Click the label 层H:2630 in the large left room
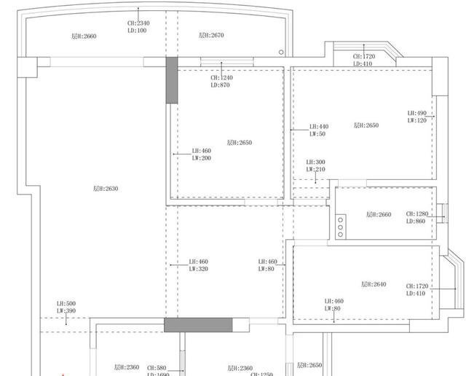click(106, 189)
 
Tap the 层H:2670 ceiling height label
click(211, 35)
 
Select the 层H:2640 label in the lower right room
click(374, 284)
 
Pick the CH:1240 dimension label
click(221, 78)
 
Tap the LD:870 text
click(221, 85)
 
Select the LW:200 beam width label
click(201, 158)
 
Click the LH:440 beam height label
click(318, 127)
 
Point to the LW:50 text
click(317, 134)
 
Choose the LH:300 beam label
click(315, 162)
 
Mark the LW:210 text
click(315, 170)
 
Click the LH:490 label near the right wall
click(417, 113)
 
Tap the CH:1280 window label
click(418, 214)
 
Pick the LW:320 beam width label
click(198, 269)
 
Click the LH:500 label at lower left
click(66, 304)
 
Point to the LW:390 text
click(66, 311)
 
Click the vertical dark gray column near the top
click(171, 80)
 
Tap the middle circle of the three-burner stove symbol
click(340, 226)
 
